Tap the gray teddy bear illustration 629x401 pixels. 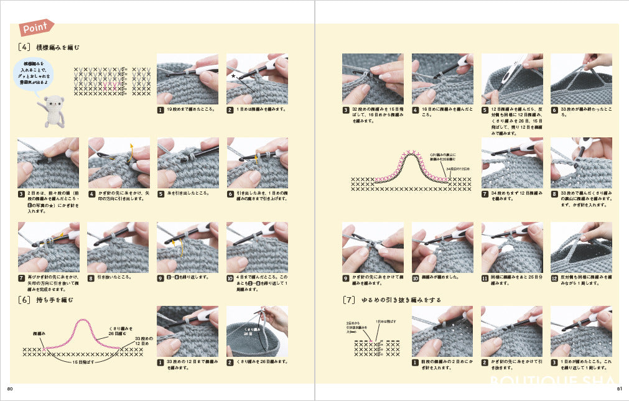pyautogui.click(x=51, y=111)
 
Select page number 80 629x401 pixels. pyautogui.click(x=10, y=390)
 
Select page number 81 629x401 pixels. pyautogui.click(x=619, y=390)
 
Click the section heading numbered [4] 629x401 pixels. pyautogui.click(x=49, y=47)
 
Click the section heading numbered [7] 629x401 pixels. pyautogui.click(x=392, y=300)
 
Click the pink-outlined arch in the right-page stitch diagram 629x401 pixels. pyautogui.click(x=411, y=166)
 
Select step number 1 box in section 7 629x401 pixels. pyautogui.click(x=415, y=362)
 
